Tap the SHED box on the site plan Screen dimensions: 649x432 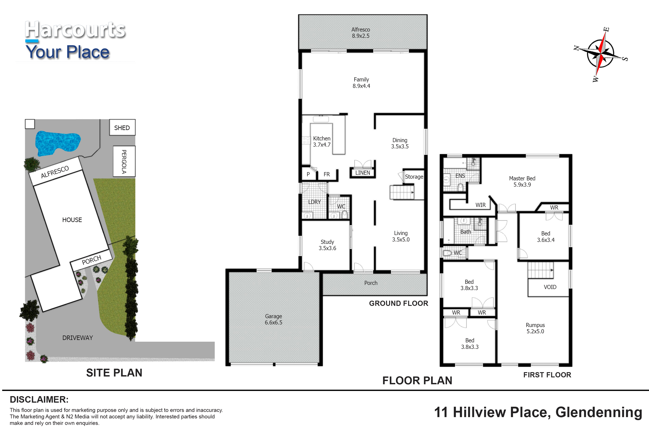click(x=122, y=127)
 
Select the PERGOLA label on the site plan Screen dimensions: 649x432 click(x=124, y=161)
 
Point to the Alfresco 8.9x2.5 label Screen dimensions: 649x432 click(x=361, y=33)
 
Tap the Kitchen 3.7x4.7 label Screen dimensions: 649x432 click(x=322, y=142)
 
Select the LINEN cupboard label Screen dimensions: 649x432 click(x=363, y=173)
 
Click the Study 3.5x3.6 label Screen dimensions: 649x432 click(x=327, y=245)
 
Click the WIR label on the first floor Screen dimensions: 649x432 click(x=480, y=205)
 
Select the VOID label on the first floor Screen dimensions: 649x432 click(x=550, y=287)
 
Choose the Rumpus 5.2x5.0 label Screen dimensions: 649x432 click(x=535, y=328)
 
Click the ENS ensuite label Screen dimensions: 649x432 click(x=460, y=176)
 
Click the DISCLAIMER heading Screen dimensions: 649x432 click(x=39, y=399)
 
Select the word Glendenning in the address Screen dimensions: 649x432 click(x=599, y=412)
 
